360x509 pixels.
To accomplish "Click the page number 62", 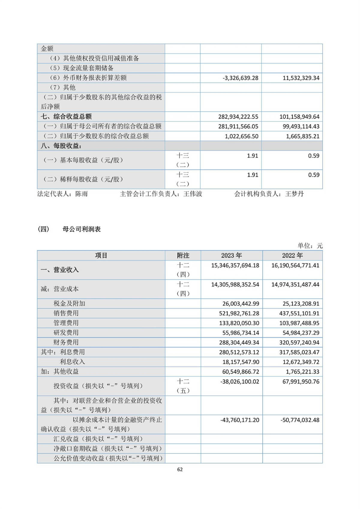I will pyautogui.click(x=180, y=469).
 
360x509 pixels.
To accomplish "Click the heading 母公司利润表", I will pyautogui.click(x=82, y=229).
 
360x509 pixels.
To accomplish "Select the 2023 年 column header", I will pyautogui.click(x=231, y=255).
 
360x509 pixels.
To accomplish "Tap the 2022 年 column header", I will pyautogui.click(x=292, y=255).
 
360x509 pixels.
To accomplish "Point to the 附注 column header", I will pyautogui.click(x=183, y=255).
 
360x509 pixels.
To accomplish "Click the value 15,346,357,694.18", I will pyautogui.click(x=235, y=265).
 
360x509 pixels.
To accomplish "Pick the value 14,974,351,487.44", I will pyautogui.click(x=295, y=285).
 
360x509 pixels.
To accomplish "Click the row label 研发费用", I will pyautogui.click(x=66, y=333).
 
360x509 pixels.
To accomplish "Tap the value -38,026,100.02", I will pyautogui.click(x=240, y=381).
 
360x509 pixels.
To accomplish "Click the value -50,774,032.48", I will pyautogui.click(x=300, y=420).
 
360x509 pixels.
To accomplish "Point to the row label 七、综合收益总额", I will pyautogui.click(x=66, y=116).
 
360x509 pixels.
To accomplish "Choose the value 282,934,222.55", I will pyautogui.click(x=238, y=117).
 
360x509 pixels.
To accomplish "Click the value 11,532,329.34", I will pyautogui.click(x=301, y=78).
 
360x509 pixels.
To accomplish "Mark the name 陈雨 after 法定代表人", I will pyautogui.click(x=82, y=194).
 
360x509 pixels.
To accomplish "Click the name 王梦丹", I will pyautogui.click(x=294, y=194).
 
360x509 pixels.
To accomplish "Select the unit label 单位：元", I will pyautogui.click(x=310, y=245).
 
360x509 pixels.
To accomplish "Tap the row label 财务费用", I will pyautogui.click(x=66, y=342).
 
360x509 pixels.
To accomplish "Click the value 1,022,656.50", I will pyautogui.click(x=241, y=136).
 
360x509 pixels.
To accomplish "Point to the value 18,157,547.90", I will pyautogui.click(x=241, y=362).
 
